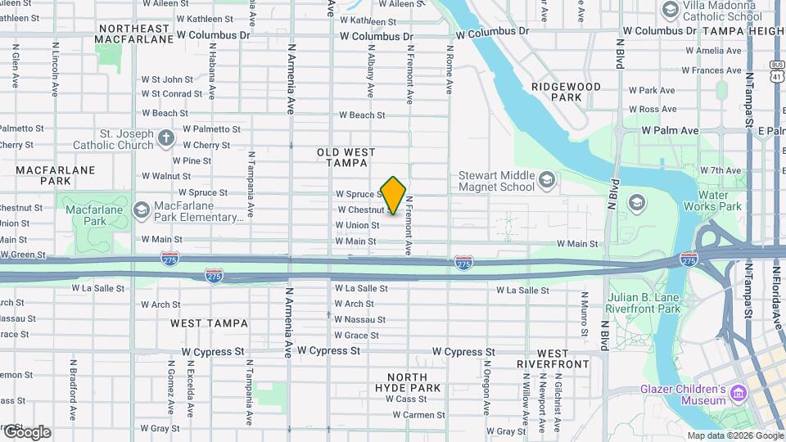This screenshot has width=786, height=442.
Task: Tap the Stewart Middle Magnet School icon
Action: click(546, 178)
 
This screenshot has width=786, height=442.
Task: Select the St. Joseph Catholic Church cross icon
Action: click(166, 138)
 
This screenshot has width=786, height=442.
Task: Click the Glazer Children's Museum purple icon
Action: click(739, 394)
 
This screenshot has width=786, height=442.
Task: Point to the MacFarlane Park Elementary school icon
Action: click(141, 210)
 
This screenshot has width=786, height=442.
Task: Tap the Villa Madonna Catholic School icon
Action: click(670, 9)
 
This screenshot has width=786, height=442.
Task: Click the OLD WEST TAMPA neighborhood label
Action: click(346, 157)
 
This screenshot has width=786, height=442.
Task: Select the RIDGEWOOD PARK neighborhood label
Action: click(566, 92)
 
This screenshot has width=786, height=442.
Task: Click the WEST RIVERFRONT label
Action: click(553, 359)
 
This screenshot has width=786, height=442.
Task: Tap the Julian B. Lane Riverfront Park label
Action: click(643, 303)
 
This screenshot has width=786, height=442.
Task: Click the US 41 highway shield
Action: click(776, 70)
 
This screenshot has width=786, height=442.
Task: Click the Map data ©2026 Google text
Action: click(734, 435)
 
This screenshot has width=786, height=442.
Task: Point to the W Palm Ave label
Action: click(670, 130)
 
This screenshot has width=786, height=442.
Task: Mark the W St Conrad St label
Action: click(171, 93)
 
